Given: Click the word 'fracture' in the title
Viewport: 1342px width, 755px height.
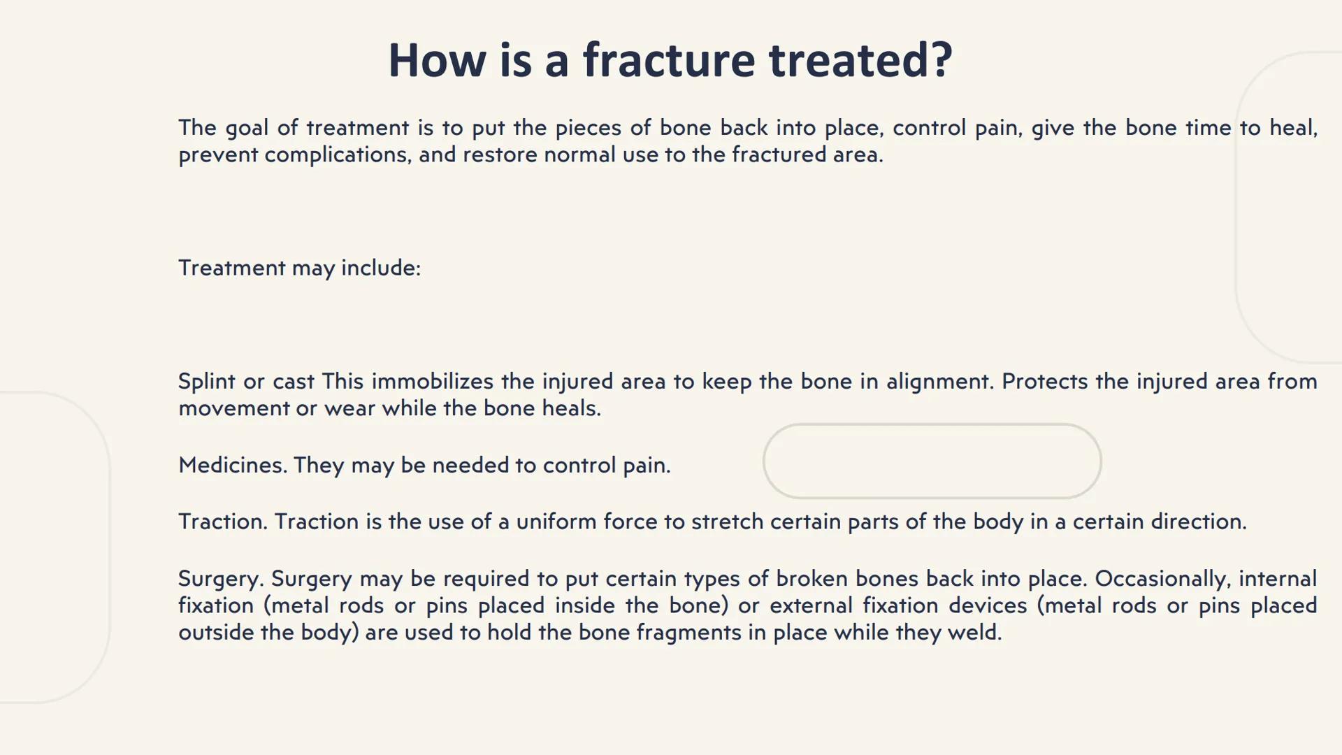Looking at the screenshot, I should [x=669, y=60].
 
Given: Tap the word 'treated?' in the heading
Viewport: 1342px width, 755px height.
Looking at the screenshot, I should [x=860, y=60].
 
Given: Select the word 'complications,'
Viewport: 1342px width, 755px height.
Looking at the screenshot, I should [x=338, y=154].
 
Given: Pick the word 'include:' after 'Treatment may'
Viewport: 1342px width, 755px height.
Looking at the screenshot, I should [x=381, y=268].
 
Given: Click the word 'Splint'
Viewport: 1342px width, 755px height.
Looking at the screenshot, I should [x=206, y=382].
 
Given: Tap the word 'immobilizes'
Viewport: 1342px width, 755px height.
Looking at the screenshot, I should [x=432, y=382].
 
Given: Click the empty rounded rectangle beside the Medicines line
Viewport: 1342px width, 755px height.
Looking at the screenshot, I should [x=932, y=461].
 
